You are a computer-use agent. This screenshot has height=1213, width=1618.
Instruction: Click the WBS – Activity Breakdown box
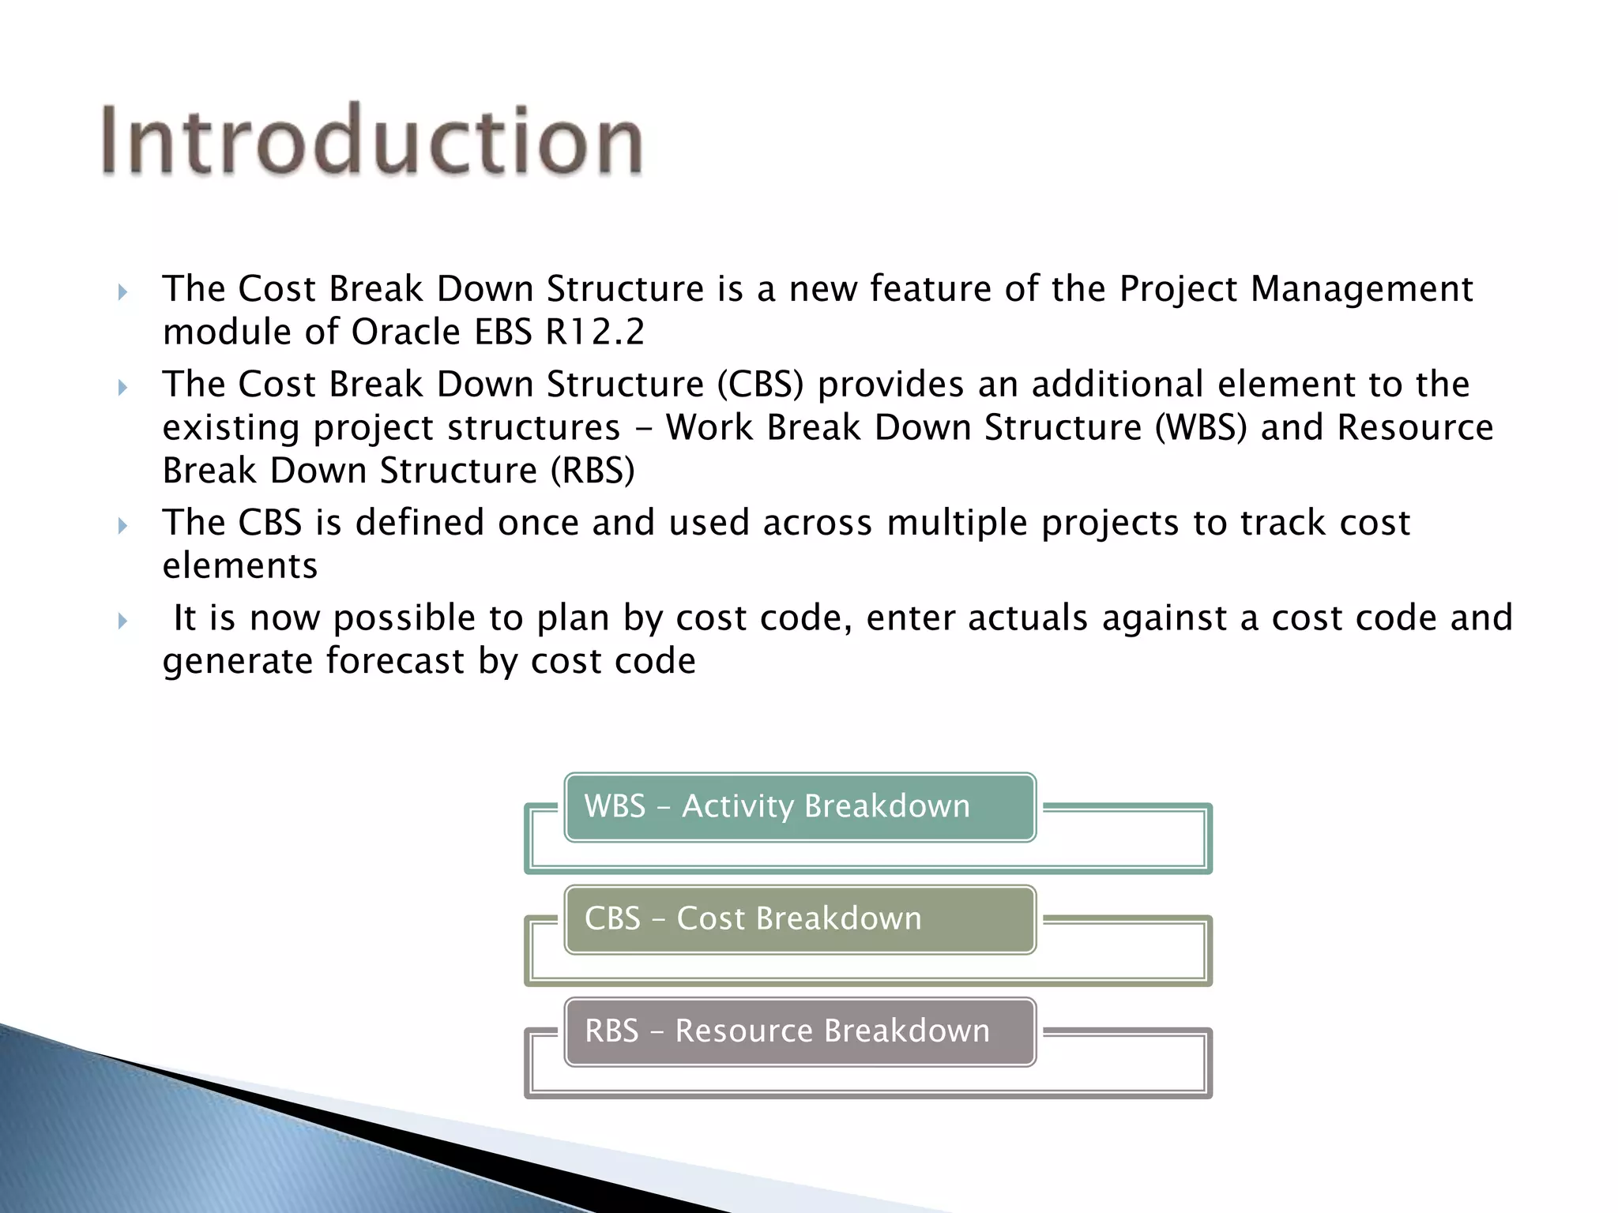pos(800,807)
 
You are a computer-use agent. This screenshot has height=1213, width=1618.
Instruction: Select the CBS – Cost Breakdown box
pos(800,919)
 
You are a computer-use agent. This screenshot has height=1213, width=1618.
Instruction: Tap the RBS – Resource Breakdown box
pos(800,1031)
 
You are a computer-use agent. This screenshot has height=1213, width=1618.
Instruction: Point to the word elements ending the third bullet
pos(240,566)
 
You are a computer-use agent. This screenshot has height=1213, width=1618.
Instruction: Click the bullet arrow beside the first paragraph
pos(122,293)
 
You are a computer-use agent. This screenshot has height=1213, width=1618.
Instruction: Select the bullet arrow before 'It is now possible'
pos(122,622)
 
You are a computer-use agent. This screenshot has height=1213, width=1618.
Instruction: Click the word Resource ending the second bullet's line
pos(1414,428)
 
